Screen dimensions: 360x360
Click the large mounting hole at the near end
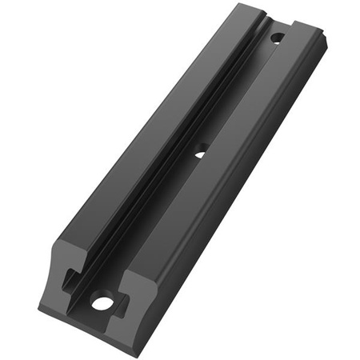click(x=102, y=302)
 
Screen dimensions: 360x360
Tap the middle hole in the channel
click(x=201, y=148)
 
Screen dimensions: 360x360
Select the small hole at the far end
click(x=276, y=37)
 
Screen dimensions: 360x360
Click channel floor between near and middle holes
click(x=152, y=224)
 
